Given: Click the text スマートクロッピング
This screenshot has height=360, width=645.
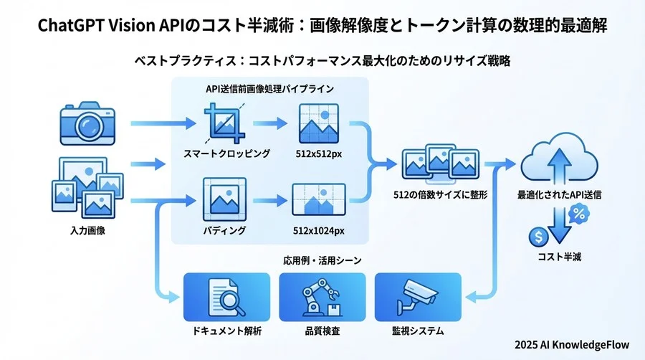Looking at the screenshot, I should tap(226, 153).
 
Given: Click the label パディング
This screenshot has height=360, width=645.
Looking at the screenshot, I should tap(226, 230).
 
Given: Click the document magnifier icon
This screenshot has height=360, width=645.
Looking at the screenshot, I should tap(227, 295).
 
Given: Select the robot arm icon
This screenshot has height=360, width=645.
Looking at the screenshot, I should tap(322, 295).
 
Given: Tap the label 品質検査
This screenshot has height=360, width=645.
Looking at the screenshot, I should tap(322, 331).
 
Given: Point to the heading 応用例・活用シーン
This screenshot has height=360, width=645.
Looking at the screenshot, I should tap(322, 259).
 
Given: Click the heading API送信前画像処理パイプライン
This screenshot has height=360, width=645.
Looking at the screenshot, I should tap(270, 90).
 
